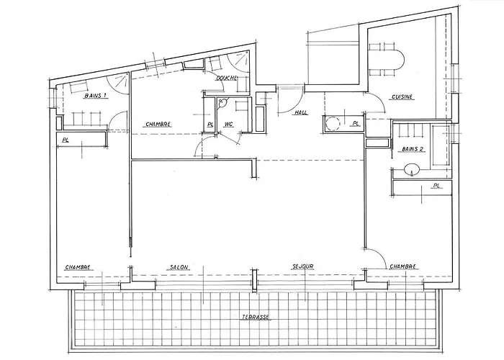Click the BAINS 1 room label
click(x=96, y=96)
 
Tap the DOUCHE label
click(x=227, y=78)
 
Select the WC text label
click(x=228, y=124)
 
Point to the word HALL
click(x=301, y=112)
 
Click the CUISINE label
click(x=402, y=96)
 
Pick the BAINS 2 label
click(x=413, y=149)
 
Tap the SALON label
click(x=179, y=267)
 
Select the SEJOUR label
click(x=303, y=266)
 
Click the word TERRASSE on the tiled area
click(x=256, y=318)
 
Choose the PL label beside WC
click(x=210, y=125)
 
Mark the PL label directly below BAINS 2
click(x=436, y=186)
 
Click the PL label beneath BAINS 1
click(x=66, y=140)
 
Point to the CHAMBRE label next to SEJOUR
click(x=402, y=266)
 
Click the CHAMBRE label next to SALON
click(x=78, y=267)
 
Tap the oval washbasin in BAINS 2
click(x=412, y=169)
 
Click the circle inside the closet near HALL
click(x=333, y=123)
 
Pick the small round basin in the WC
click(x=222, y=102)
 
